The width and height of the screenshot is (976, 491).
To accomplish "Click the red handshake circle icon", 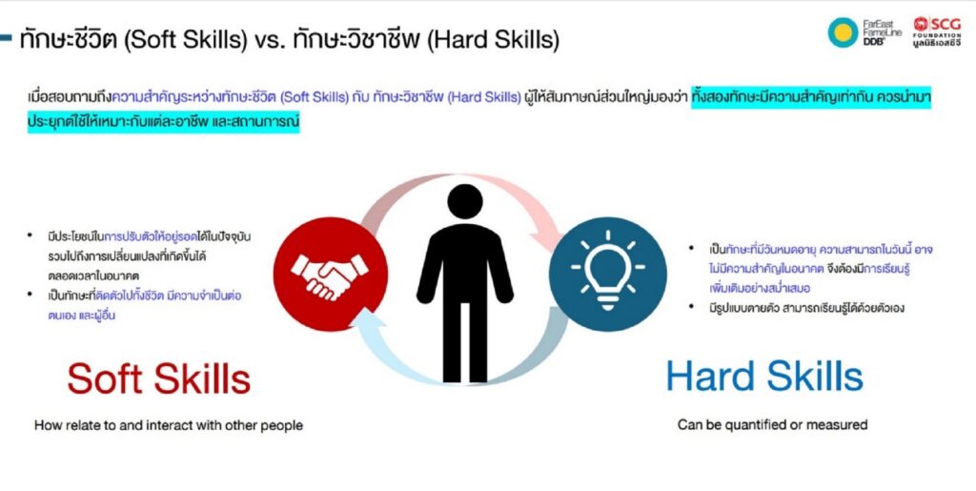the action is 331,275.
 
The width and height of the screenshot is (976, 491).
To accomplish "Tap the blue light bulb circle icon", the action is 607,275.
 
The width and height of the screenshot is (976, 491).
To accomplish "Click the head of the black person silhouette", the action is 465,201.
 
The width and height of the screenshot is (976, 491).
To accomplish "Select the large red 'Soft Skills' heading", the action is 159,378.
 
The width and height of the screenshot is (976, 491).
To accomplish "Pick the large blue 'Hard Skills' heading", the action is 764,376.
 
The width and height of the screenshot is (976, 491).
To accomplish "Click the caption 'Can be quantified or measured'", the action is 772,425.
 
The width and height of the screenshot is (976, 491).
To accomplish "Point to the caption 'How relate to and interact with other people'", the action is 169,425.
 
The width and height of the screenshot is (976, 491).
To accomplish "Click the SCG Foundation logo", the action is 938,32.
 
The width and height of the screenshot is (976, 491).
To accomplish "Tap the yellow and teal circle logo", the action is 843,32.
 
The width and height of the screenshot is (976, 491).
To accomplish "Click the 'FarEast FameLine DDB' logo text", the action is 882,32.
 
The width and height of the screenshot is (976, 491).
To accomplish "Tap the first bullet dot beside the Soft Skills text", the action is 30,235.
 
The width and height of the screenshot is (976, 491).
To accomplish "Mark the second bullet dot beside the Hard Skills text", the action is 691,306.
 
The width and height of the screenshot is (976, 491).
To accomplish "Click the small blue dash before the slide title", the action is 6,38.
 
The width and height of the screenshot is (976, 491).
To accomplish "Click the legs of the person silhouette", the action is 465,341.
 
